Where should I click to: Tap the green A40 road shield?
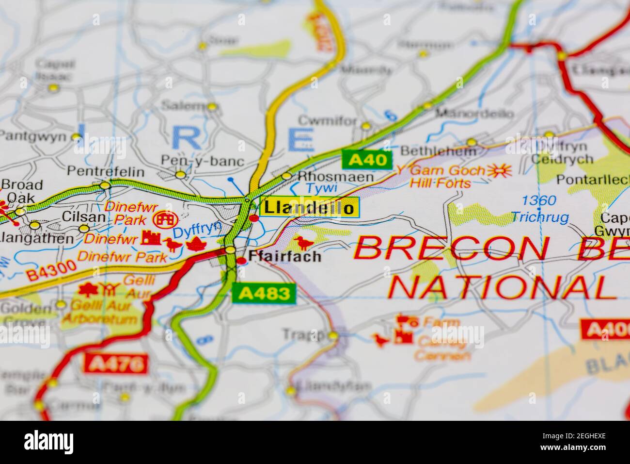click(366, 159)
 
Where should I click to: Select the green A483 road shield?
click(264, 293)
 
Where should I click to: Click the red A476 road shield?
click(115, 363)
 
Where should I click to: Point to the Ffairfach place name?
click(284, 256)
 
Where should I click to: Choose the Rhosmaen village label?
click(336, 177)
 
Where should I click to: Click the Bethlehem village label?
click(439, 151)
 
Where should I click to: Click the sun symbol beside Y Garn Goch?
click(499, 170)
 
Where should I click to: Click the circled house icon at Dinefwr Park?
click(164, 220)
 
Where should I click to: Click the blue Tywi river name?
click(317, 188)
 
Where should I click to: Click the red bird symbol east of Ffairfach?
click(304, 242)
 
